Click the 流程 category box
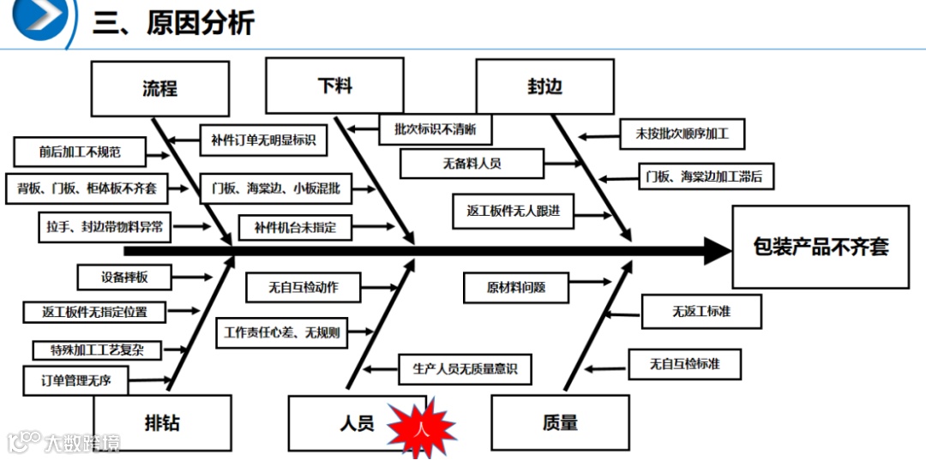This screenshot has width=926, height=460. [x=161, y=89]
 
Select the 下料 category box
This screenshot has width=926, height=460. [x=334, y=86]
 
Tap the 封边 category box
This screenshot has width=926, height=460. [x=544, y=87]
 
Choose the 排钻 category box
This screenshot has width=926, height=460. [x=163, y=422]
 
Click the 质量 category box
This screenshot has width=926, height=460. [x=560, y=422]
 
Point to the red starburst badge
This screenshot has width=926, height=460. [x=420, y=426]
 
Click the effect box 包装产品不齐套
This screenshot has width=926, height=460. [x=821, y=247]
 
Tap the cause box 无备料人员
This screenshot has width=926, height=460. [x=472, y=164]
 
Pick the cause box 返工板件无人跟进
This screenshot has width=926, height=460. [x=514, y=211]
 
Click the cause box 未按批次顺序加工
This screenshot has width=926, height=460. [x=682, y=134]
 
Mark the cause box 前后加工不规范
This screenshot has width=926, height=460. [x=80, y=152]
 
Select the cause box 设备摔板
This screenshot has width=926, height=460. [x=124, y=277]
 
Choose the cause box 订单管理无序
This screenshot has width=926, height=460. [x=76, y=379]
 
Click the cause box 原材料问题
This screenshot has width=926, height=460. [x=516, y=288]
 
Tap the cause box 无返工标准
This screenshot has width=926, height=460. [x=701, y=312]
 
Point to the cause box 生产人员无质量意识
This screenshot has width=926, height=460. [x=465, y=369]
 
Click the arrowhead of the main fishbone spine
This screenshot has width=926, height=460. [x=716, y=251]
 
